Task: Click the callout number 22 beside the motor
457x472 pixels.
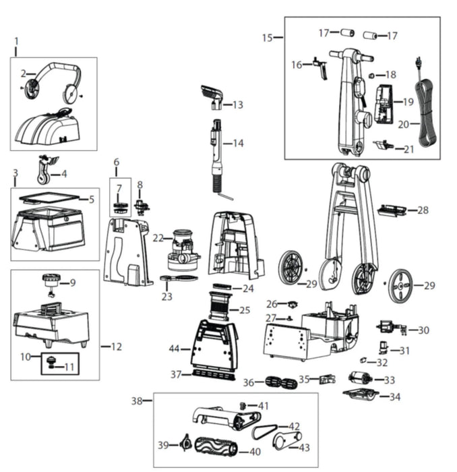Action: [x=158, y=237]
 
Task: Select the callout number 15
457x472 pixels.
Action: [x=268, y=38]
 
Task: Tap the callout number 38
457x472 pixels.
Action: [x=137, y=401]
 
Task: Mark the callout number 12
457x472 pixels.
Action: [x=116, y=347]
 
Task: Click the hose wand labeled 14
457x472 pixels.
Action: [x=217, y=155]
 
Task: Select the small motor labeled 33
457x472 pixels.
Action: [x=359, y=379]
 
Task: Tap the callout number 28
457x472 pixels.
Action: [x=423, y=210]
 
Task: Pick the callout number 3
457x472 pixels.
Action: [x=15, y=173]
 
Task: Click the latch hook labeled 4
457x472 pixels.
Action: [x=44, y=170]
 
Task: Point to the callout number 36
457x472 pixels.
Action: [x=249, y=382]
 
